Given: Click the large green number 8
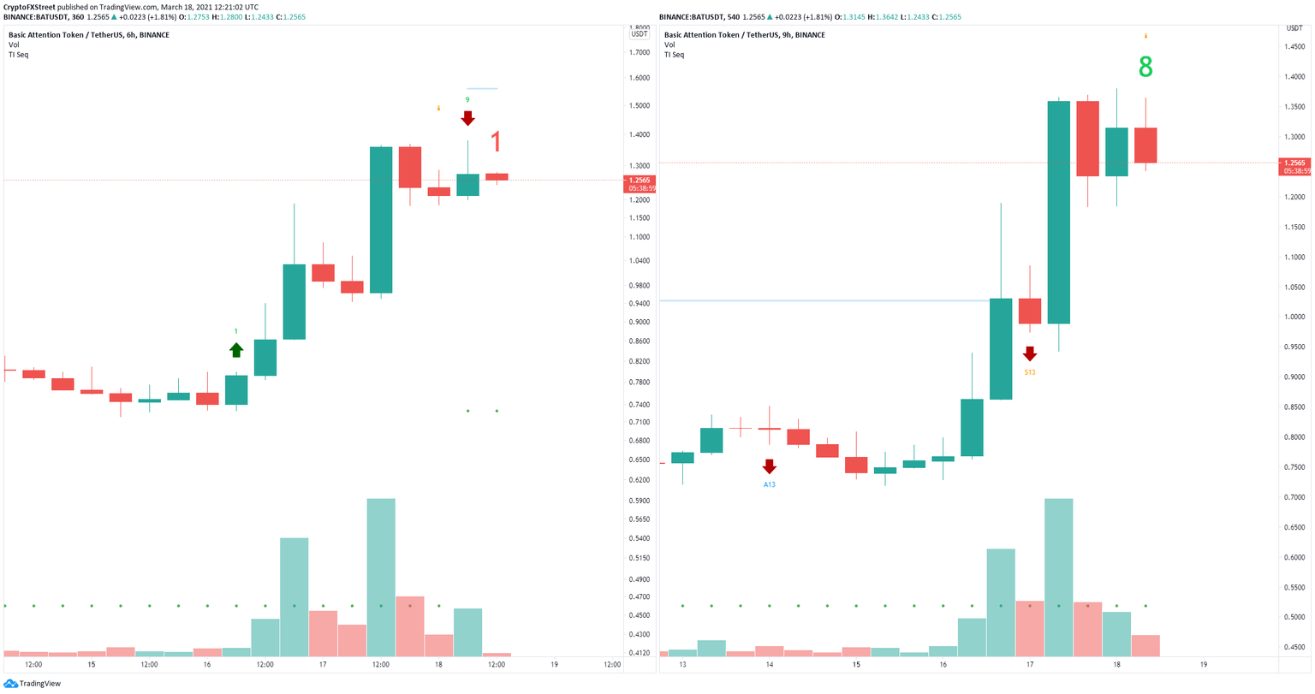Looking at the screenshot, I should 1145,68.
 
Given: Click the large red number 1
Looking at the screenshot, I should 496,142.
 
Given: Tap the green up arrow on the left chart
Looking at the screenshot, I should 236,349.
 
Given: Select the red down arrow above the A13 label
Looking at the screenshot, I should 769,466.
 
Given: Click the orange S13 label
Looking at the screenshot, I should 1029,372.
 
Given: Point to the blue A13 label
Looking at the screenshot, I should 769,484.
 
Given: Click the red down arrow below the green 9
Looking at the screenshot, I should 467,118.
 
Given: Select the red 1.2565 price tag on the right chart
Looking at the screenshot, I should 1294,163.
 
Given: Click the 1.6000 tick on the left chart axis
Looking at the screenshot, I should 639,78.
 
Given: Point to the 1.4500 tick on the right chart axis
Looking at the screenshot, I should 1294,46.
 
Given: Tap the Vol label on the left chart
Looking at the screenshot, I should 14,44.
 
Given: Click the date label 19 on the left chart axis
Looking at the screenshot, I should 555,665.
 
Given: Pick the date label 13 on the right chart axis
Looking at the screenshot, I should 682,665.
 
